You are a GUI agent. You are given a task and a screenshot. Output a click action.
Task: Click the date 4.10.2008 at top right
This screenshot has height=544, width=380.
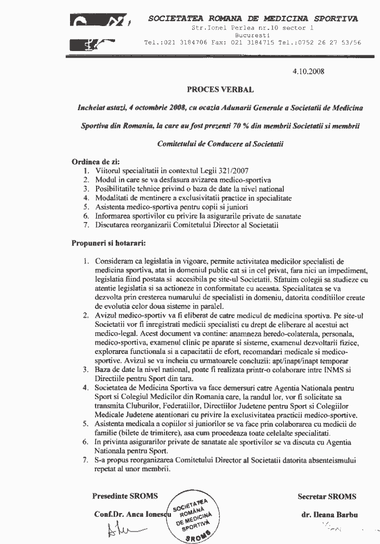(x=308, y=71)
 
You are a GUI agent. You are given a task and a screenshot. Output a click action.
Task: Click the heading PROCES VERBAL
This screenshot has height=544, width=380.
(x=220, y=88)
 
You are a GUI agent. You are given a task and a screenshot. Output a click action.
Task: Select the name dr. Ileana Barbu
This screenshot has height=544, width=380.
(x=326, y=514)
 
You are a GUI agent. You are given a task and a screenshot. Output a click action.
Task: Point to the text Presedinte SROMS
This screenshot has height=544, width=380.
(x=125, y=496)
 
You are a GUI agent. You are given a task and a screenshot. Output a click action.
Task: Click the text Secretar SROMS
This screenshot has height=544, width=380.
(x=327, y=496)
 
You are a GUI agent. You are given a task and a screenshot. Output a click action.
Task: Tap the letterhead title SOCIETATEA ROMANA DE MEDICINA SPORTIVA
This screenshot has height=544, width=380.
(x=253, y=19)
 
